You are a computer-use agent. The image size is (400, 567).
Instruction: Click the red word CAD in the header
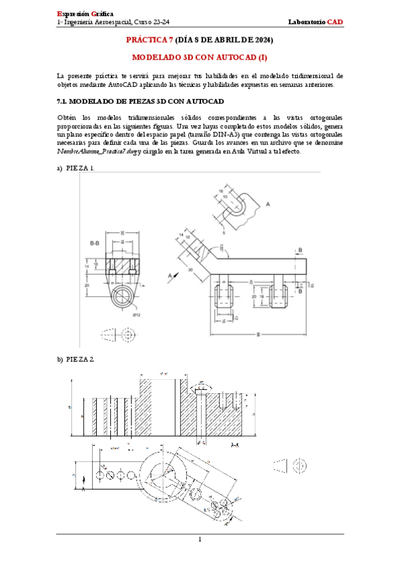pos(335,22)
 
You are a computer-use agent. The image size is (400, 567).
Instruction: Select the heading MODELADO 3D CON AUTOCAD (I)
pos(200,58)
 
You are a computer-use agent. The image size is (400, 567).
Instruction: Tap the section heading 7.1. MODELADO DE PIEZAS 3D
pos(139,102)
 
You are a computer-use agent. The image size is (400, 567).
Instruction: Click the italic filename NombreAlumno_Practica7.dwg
pos(96,151)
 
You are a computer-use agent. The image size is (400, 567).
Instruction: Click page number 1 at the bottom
pos(200,539)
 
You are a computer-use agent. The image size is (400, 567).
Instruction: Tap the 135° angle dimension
pos(221,248)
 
